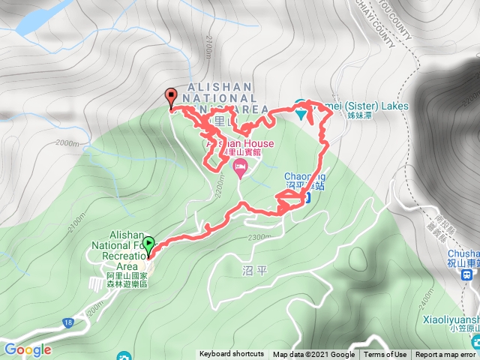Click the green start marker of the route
pyautogui.click(x=148, y=244)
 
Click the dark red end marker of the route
pyautogui.click(x=170, y=96)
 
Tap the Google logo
pyautogui.click(x=27, y=349)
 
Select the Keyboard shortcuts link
pyautogui.click(x=231, y=355)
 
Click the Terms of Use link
pyautogui.click(x=385, y=355)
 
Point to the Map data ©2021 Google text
pyautogui.click(x=313, y=355)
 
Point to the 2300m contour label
pyautogui.click(x=259, y=238)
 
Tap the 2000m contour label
pyautogui.click(x=67, y=143)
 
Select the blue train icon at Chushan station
pyautogui.click(x=468, y=274)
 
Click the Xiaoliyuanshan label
pyautogui.click(x=448, y=317)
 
